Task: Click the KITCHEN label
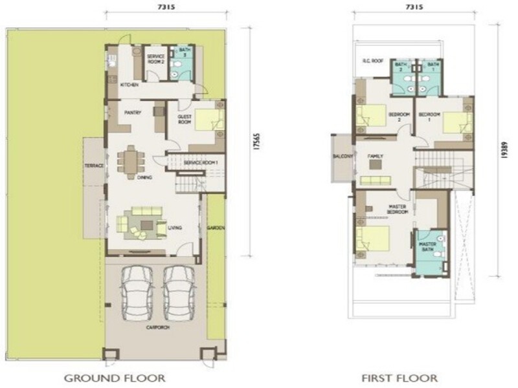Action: tap(128, 85)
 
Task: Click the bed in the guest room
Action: tap(208, 121)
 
